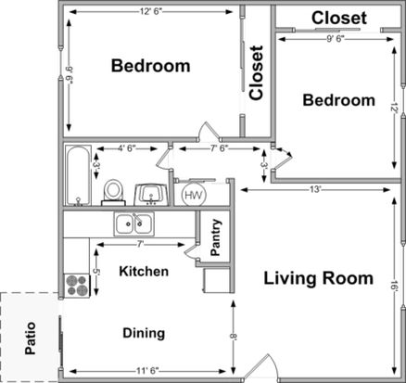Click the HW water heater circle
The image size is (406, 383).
(x=194, y=195)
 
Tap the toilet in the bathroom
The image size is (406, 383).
(x=112, y=193)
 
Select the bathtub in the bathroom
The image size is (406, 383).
(x=78, y=175)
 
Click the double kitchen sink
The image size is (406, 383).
(x=134, y=223)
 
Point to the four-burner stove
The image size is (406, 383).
(x=77, y=286)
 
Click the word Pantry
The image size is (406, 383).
(x=215, y=237)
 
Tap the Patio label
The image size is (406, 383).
(x=31, y=338)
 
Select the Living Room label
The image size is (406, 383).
(x=318, y=278)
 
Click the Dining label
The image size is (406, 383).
(x=144, y=333)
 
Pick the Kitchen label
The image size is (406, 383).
(x=144, y=272)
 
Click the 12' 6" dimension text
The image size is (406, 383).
(x=151, y=12)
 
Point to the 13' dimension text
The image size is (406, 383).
(x=315, y=189)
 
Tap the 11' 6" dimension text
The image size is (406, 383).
(x=147, y=370)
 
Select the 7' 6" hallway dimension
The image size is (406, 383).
(x=219, y=148)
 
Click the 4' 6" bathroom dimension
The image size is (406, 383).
(x=127, y=148)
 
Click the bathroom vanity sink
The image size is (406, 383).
(x=151, y=195)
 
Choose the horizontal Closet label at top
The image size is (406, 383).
(x=339, y=18)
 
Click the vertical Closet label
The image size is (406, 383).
(x=256, y=73)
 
